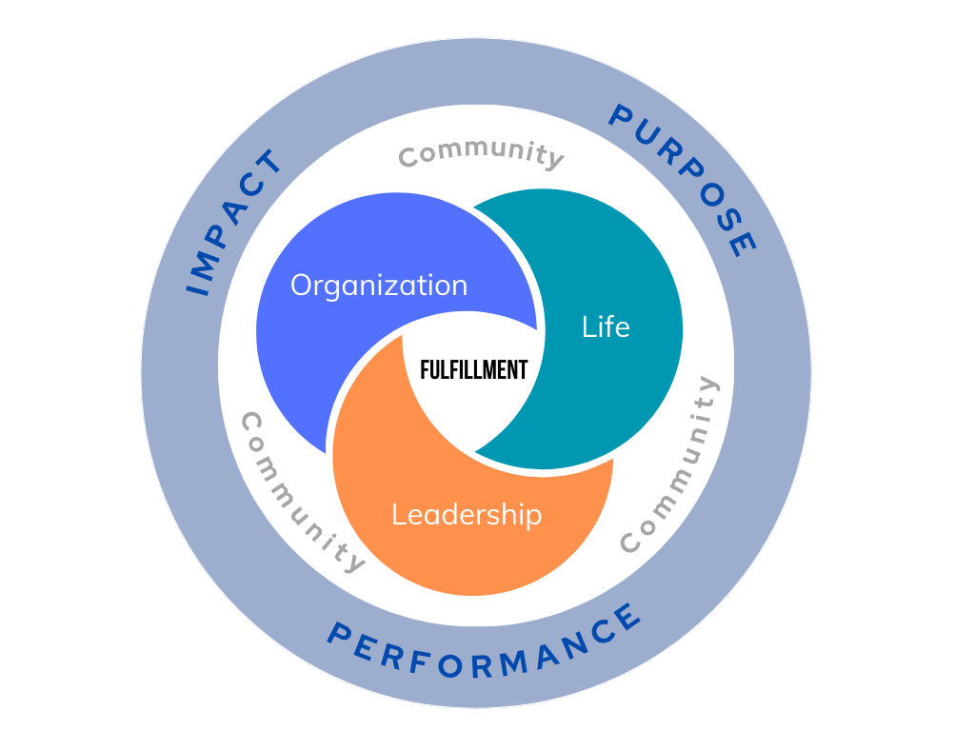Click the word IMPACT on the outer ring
[233, 223]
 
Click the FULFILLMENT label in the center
[473, 369]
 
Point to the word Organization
[379, 286]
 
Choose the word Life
[606, 327]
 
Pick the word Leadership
[467, 515]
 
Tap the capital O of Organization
[303, 286]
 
